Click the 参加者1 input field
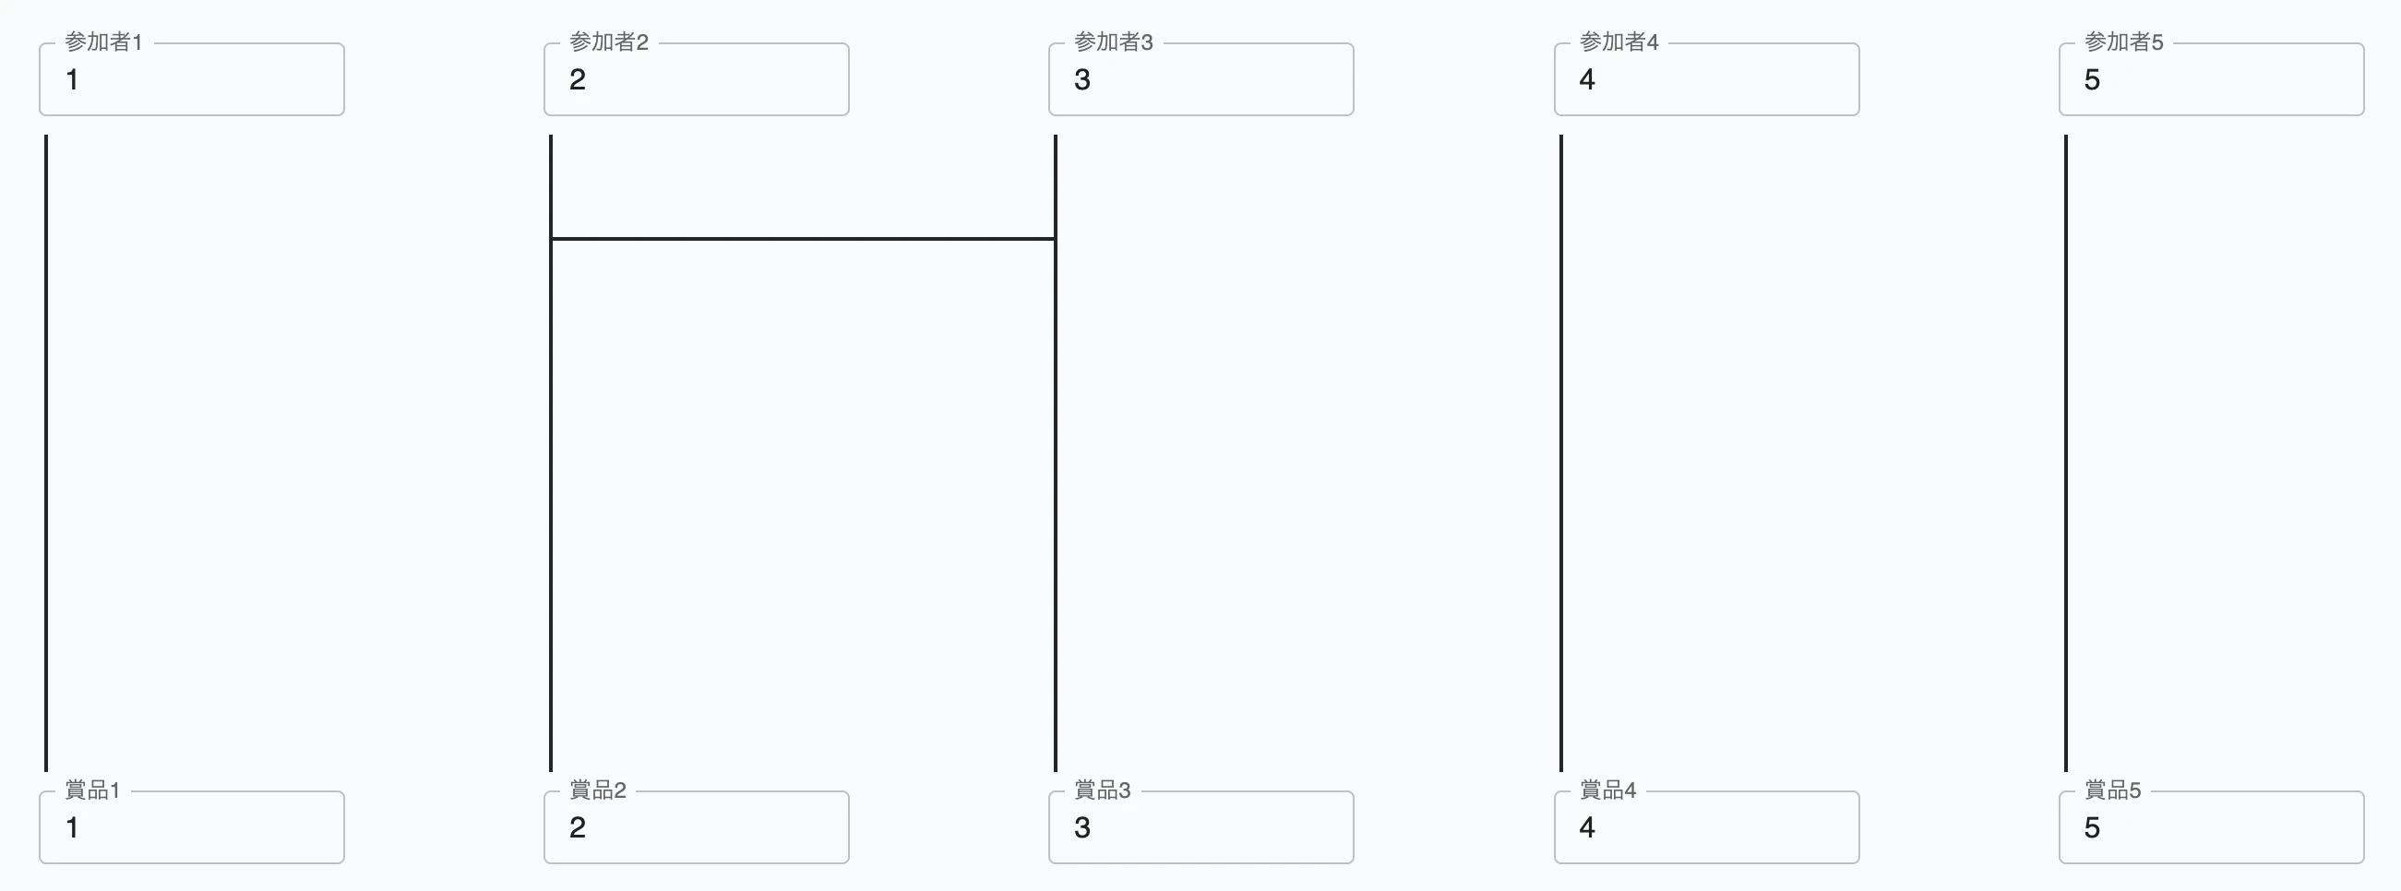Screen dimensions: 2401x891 191,79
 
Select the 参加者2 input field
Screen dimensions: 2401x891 697,79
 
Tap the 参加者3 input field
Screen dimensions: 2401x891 1201,79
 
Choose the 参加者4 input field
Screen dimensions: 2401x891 1706,79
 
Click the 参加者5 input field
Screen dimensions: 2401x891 2212,79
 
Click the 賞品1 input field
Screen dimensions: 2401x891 191,827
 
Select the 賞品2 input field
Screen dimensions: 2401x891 697,827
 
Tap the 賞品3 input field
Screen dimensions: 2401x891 1201,827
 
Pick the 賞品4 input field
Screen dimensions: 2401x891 1706,827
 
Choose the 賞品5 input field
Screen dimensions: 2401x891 2212,827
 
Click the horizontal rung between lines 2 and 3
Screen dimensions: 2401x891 803,239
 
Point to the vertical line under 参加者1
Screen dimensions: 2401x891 45,453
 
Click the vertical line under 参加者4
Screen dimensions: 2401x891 1561,453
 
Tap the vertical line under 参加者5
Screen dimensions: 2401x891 2066,453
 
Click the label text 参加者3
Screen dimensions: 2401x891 1114,42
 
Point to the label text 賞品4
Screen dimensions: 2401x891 1607,790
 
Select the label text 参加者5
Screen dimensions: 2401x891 2124,42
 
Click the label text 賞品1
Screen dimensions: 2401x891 92,790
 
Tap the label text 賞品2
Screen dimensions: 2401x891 597,790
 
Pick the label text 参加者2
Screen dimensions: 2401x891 609,42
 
